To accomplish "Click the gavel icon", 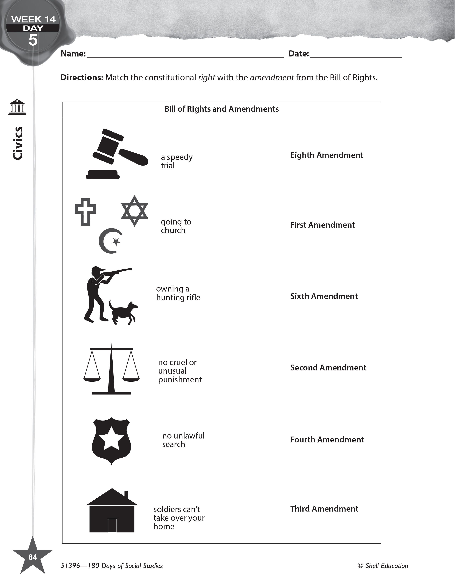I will [117, 153].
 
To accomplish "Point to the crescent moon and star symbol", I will [110, 241].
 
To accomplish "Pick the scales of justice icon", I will [111, 369].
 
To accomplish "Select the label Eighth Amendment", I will [326, 155].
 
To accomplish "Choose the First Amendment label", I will [322, 225].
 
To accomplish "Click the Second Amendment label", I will [328, 367].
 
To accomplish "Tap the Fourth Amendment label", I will [327, 440].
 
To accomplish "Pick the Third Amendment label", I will [324, 509].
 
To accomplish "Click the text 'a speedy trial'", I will [176, 161].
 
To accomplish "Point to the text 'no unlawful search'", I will [183, 440].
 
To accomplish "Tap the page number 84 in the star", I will [33, 557].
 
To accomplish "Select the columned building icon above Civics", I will [17, 107].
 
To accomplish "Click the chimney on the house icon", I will [126, 494].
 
